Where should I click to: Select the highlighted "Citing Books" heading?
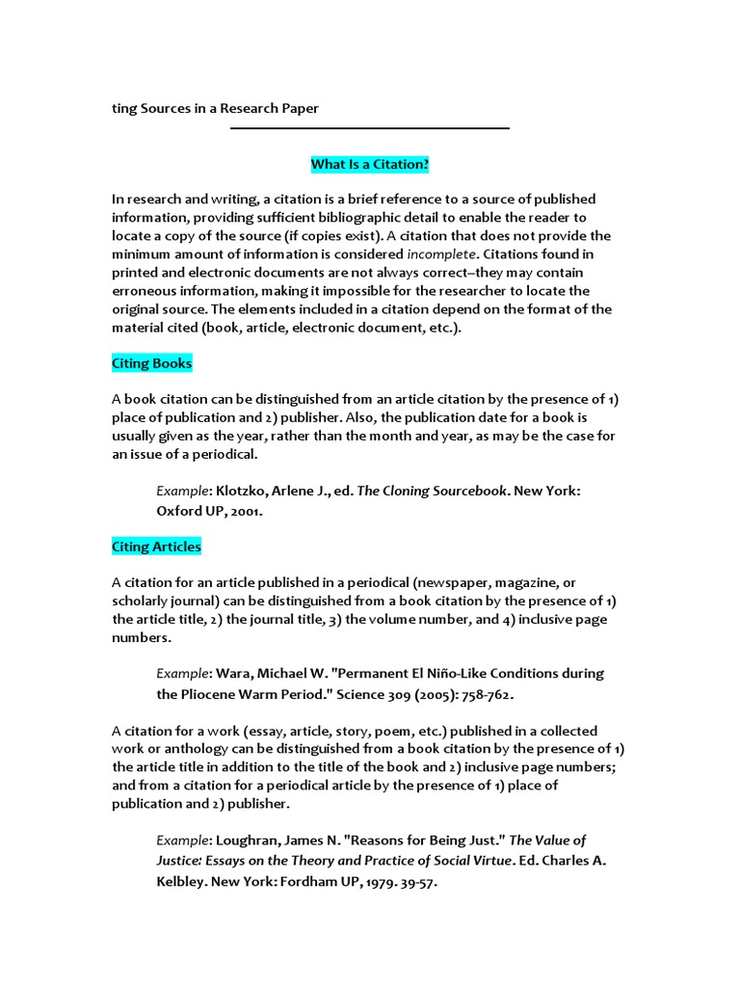[x=151, y=363]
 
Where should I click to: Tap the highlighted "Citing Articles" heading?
[x=156, y=547]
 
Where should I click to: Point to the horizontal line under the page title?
[x=369, y=128]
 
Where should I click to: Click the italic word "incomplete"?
[x=441, y=254]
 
